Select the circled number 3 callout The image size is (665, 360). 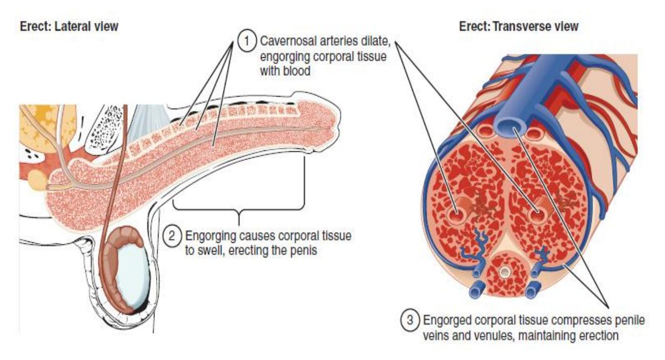[x=410, y=320]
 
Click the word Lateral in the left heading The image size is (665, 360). [x=70, y=27]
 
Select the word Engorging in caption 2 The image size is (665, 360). [x=211, y=237]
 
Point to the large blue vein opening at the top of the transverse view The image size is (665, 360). [x=512, y=127]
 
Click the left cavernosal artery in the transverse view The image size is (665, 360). [x=455, y=216]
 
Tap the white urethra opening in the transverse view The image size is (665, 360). [x=504, y=272]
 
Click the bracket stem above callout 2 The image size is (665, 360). [x=239, y=218]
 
